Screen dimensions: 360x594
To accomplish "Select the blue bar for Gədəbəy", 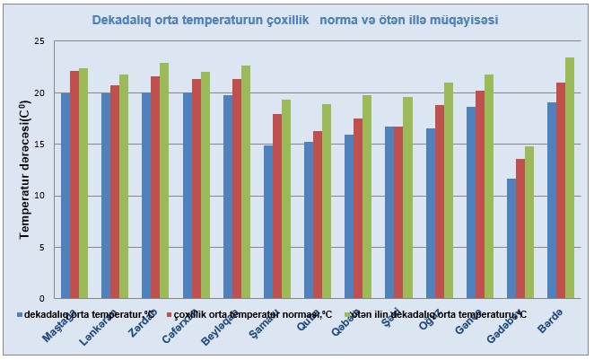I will (512, 239).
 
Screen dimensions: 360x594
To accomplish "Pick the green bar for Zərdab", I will (164, 180).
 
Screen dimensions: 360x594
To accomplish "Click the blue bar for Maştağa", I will (66, 196).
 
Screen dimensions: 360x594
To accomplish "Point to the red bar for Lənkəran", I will (115, 192).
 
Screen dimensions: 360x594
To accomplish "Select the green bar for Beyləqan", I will (246, 182).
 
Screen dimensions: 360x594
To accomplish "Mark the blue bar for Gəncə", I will (471, 203).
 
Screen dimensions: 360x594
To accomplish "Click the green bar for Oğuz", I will (448, 190).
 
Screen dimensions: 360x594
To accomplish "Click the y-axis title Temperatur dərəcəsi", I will (24, 171).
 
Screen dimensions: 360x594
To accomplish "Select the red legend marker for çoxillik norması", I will (168, 315).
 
